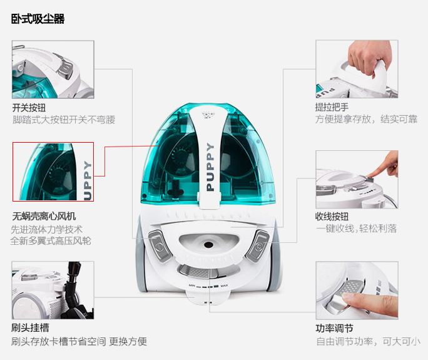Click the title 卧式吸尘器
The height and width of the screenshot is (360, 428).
tap(38, 19)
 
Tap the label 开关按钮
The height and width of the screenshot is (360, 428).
tap(29, 108)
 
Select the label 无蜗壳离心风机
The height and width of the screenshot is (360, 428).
tap(44, 217)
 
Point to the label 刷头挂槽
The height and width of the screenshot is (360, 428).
tap(30, 328)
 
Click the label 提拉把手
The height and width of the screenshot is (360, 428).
tap(332, 107)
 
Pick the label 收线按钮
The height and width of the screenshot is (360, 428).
tap(332, 217)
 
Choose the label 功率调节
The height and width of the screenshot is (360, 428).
tap(334, 328)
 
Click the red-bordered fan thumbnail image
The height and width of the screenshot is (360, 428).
tap(53, 172)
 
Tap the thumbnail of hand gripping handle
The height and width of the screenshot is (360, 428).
tap(357, 69)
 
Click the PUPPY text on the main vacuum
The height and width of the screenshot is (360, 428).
tap(210, 167)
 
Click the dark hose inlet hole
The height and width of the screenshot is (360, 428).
tap(208, 245)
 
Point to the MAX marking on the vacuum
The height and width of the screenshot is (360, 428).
tap(224, 285)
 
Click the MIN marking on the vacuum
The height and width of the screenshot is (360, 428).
tap(192, 285)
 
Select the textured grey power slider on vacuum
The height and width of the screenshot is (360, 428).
tap(199, 272)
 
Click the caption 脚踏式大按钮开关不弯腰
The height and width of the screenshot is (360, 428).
tap(64, 120)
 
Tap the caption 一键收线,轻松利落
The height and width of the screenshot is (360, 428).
tap(356, 229)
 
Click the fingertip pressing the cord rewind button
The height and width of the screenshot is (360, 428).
tap(370, 175)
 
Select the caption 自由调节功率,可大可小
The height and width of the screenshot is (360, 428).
tap(368, 341)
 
